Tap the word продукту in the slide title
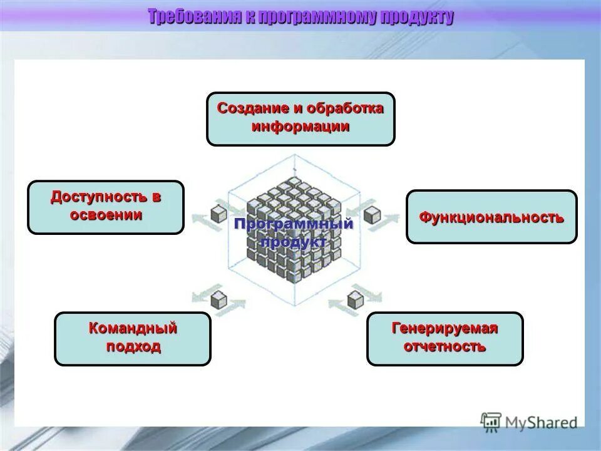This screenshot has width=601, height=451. [418, 17]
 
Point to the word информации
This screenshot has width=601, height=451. [300, 127]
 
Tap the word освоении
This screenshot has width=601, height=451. [106, 215]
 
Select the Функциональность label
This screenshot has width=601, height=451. [491, 218]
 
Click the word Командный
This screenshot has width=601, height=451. [133, 328]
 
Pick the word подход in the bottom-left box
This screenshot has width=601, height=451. [133, 346]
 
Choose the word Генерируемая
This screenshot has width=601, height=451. [444, 328]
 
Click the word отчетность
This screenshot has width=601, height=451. [444, 346]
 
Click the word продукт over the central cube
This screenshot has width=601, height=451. [294, 242]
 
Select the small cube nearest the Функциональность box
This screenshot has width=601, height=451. [372, 215]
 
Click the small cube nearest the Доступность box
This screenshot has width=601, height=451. [218, 214]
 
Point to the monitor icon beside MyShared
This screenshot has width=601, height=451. [491, 422]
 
